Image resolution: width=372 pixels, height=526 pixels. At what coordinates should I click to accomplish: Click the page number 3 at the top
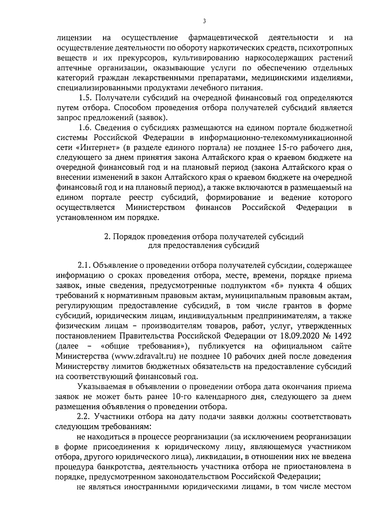pos(204,21)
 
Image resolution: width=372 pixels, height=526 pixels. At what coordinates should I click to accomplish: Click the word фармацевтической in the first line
pos(224,38)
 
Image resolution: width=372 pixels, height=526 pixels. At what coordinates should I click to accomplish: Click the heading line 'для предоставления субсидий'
pos(203,246)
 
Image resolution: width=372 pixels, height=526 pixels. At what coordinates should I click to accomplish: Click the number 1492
pos(342,336)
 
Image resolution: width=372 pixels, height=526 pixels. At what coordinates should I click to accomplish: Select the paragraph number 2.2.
pos(84,416)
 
